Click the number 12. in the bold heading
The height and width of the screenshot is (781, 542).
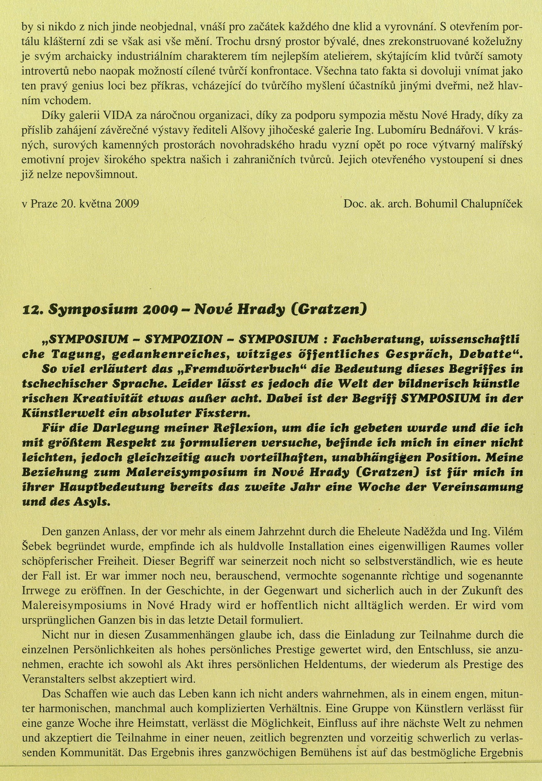coord(32,309)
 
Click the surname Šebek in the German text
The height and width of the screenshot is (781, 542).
coord(35,547)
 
